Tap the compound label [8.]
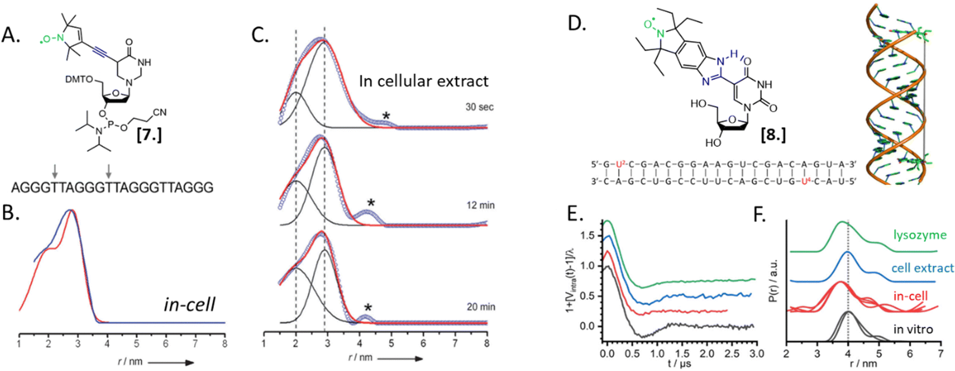click(x=773, y=135)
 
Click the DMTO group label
click(x=79, y=79)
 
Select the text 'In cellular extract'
click(x=423, y=81)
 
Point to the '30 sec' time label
click(x=480, y=107)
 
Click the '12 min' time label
click(x=480, y=205)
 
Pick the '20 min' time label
click(x=480, y=307)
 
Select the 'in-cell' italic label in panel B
click(x=189, y=305)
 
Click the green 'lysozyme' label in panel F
click(x=919, y=235)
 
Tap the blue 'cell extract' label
click(x=922, y=268)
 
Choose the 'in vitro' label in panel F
click(x=913, y=329)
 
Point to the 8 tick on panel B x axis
click(x=224, y=343)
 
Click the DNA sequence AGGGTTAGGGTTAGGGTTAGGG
click(x=112, y=187)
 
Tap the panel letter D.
click(x=577, y=24)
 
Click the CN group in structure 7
click(x=160, y=112)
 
